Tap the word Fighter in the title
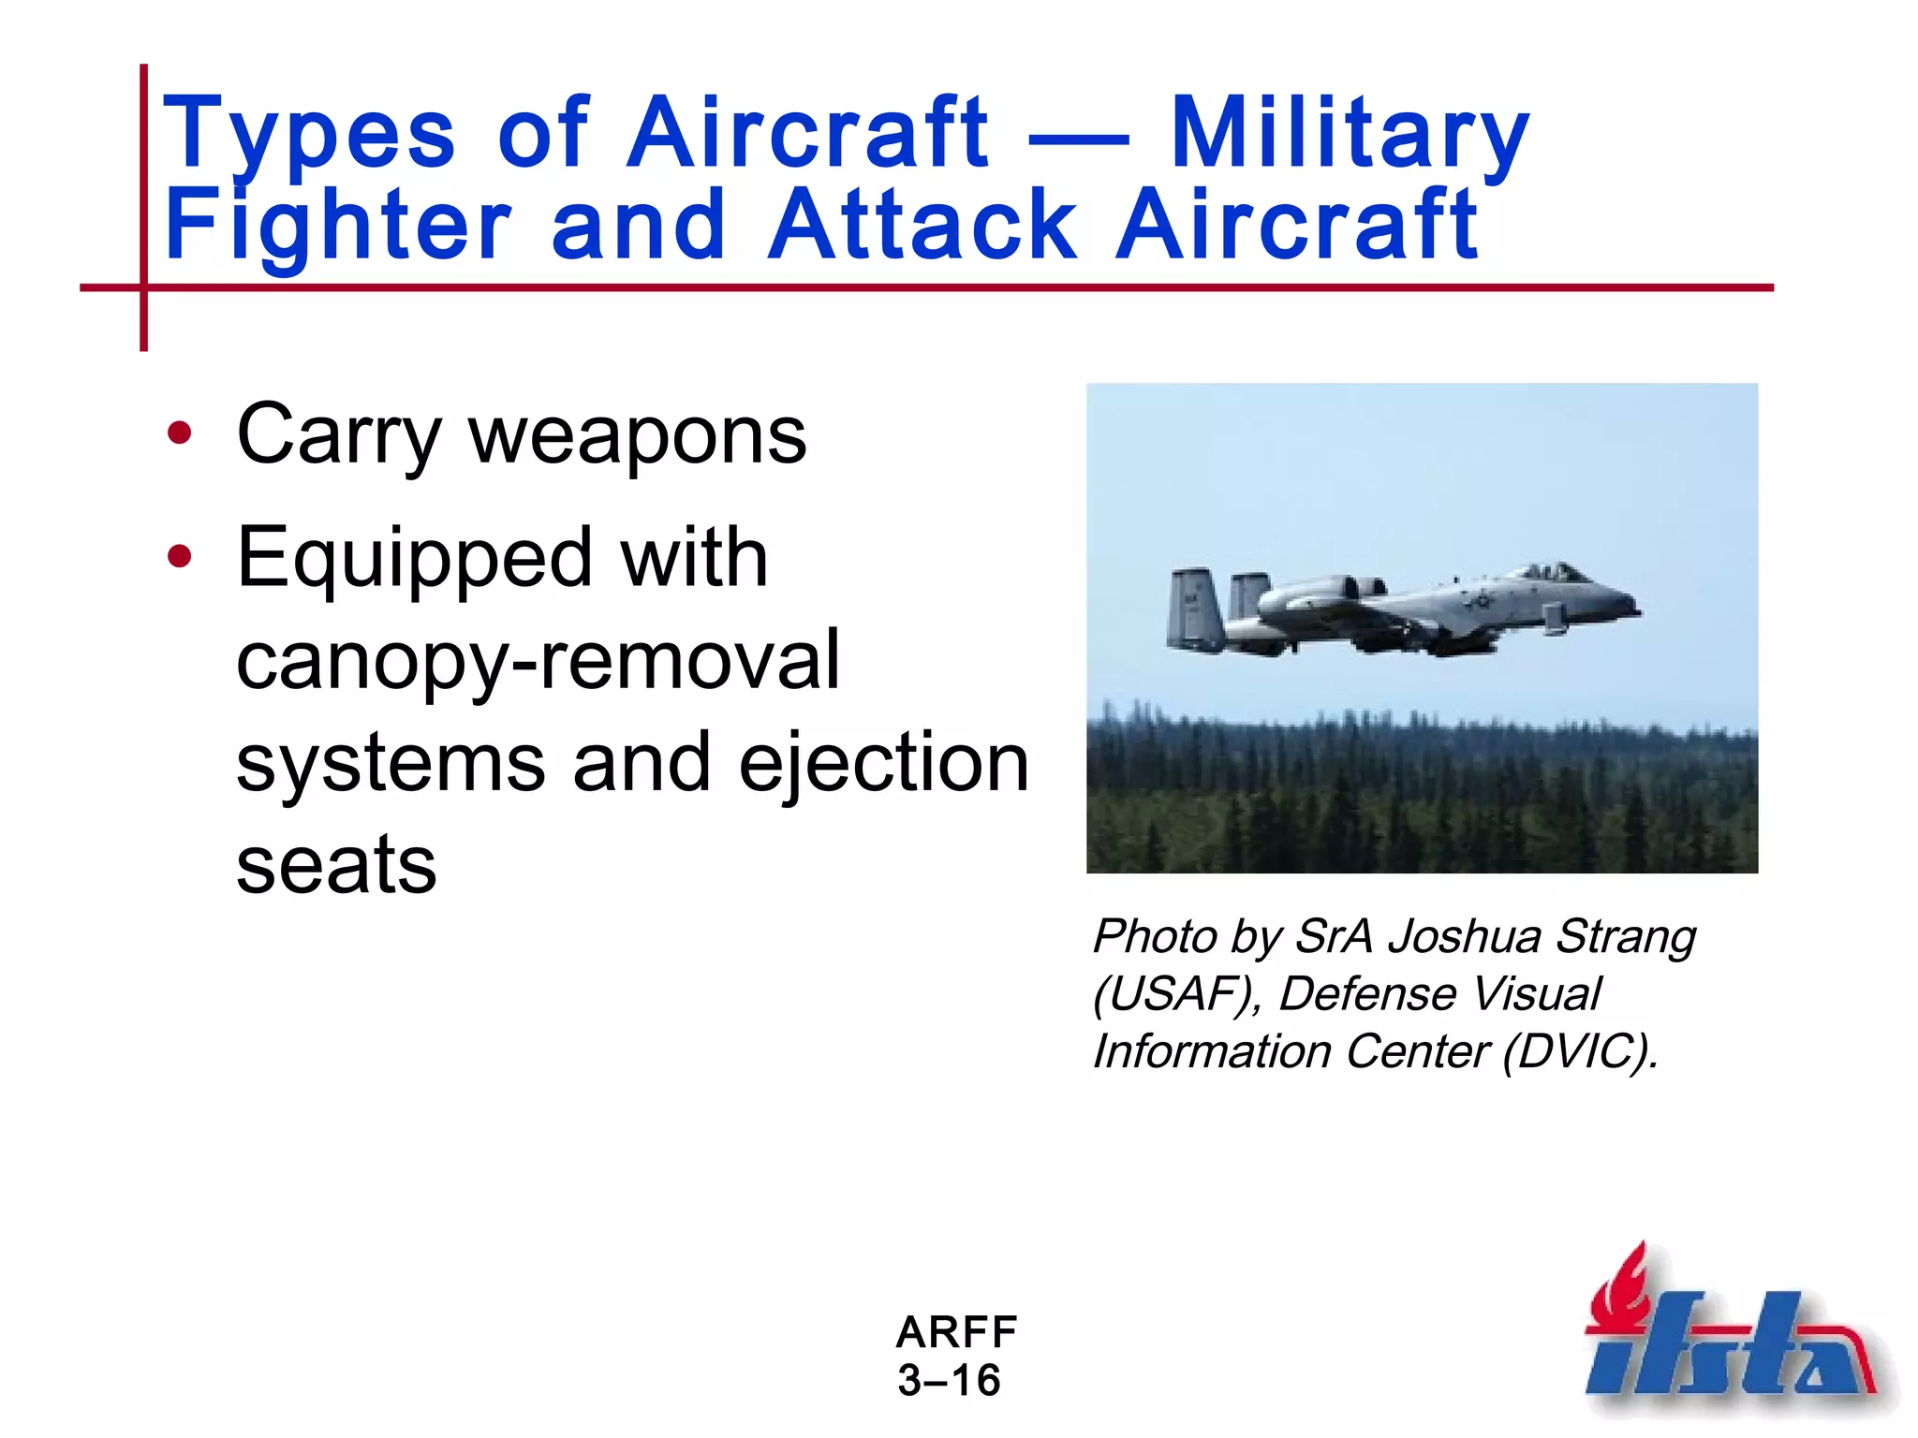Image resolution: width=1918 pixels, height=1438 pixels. coord(337,227)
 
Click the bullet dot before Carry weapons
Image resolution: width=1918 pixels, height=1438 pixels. coord(179,433)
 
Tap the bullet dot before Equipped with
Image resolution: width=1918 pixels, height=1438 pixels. coord(179,556)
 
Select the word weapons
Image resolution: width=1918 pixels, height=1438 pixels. coord(637,436)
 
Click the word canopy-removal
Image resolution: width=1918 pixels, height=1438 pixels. coord(538,660)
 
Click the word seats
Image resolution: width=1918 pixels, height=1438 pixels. coord(336,866)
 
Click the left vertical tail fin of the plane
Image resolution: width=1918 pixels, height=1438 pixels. coord(1194,609)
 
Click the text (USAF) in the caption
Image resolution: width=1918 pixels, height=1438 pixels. coord(1176,994)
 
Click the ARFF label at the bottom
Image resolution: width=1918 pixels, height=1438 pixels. coord(956,1332)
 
